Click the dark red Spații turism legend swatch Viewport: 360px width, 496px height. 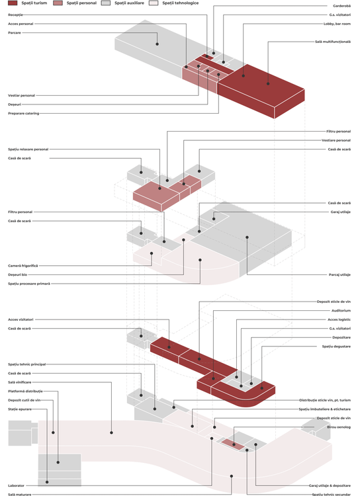click(x=13, y=3)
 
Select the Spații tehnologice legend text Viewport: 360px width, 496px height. click(x=181, y=3)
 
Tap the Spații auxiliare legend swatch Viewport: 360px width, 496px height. click(x=106, y=3)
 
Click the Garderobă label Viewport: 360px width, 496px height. click(x=341, y=6)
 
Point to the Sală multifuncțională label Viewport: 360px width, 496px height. click(x=333, y=42)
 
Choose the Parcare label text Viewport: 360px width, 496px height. click(x=15, y=32)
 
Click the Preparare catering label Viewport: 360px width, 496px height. click(x=23, y=113)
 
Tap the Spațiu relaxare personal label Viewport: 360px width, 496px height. click(x=28, y=149)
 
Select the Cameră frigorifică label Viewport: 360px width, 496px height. click(x=22, y=266)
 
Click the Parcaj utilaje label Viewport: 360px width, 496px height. click(x=339, y=274)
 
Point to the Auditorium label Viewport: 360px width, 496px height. click(x=341, y=311)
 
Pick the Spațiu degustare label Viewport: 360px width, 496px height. click(x=336, y=347)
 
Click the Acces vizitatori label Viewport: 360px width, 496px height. click(x=21, y=319)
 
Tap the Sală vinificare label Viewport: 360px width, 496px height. click(x=20, y=382)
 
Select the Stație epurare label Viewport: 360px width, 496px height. click(x=20, y=409)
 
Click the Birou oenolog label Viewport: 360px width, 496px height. click(x=339, y=427)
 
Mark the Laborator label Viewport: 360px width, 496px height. click(x=16, y=485)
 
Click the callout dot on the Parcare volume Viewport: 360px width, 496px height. click(x=157, y=44)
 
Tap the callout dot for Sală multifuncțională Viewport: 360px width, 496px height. click(x=268, y=83)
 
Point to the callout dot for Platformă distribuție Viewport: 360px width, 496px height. click(x=58, y=462)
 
